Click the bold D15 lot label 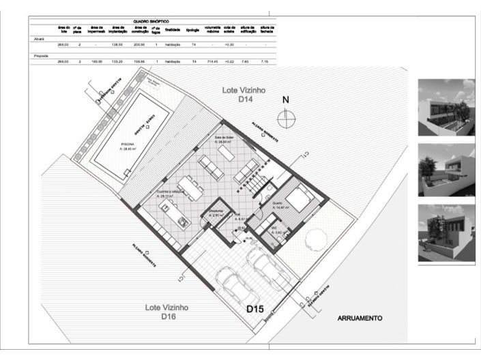pyautogui.click(x=255, y=310)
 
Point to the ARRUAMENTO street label pyautogui.click(x=360, y=318)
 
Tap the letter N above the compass pyautogui.click(x=287, y=100)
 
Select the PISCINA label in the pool pyautogui.click(x=128, y=145)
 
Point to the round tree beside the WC pyautogui.click(x=317, y=237)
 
